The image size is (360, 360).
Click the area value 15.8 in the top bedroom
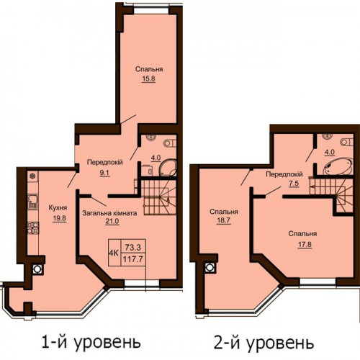tap(148, 78)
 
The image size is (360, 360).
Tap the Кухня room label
tap(58, 208)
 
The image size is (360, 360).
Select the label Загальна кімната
tap(109, 213)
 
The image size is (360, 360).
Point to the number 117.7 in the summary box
tap(132, 259)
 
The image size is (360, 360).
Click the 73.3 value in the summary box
tap(132, 247)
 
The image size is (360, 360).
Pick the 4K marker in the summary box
tap(114, 253)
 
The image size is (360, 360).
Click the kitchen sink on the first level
tap(32, 202)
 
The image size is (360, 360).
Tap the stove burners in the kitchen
tap(33, 228)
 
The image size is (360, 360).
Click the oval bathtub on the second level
tap(338, 166)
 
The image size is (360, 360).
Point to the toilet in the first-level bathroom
tap(171, 143)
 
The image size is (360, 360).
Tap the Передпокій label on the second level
tap(284, 174)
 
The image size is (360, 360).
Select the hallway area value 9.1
tap(105, 173)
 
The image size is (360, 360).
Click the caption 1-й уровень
tap(91, 342)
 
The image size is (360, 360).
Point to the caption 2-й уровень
tap(264, 343)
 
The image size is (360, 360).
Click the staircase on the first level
tap(158, 197)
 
